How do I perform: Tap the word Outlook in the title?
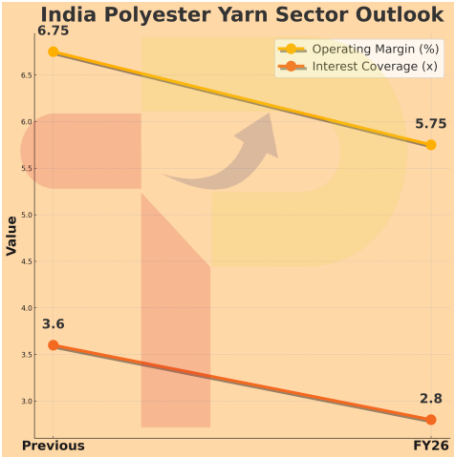pyautogui.click(x=395, y=16)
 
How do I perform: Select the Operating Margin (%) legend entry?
pyautogui.click(x=364, y=49)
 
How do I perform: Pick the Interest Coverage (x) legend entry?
pyautogui.click(x=364, y=67)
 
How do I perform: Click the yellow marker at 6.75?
pyautogui.click(x=54, y=52)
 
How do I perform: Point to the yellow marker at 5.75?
pyautogui.click(x=430, y=145)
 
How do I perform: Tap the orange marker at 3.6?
pyautogui.click(x=54, y=345)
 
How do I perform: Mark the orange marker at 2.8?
pyautogui.click(x=430, y=420)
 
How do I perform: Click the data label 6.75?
pyautogui.click(x=54, y=31)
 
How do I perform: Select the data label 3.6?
pyautogui.click(x=54, y=324)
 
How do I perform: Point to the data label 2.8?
pyautogui.click(x=430, y=399)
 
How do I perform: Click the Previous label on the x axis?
pyautogui.click(x=54, y=446)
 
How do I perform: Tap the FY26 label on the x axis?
pyautogui.click(x=430, y=446)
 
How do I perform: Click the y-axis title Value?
pyautogui.click(x=11, y=236)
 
